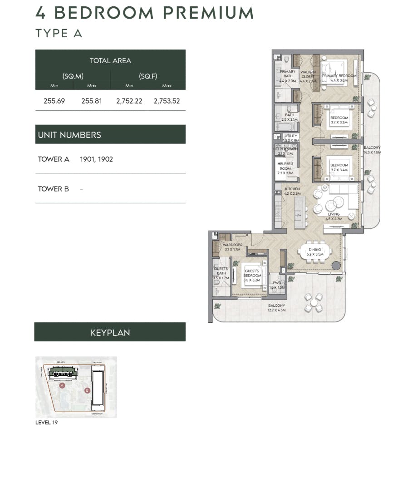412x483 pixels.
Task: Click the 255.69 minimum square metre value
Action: [54, 101]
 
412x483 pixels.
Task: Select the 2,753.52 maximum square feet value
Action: [167, 101]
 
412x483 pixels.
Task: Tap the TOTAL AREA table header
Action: [110, 60]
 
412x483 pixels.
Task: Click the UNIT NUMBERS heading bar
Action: [110, 134]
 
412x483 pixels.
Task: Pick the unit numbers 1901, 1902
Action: [96, 159]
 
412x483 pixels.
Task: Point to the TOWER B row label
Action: [54, 189]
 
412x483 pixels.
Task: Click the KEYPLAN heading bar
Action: [110, 332]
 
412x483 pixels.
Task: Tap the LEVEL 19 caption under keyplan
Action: [46, 423]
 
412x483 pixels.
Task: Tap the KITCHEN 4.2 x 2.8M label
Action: [292, 191]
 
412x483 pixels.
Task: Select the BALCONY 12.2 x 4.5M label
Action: [276, 308]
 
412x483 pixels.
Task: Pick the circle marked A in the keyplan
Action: [62, 385]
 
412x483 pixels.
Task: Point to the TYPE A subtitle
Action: [59, 34]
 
